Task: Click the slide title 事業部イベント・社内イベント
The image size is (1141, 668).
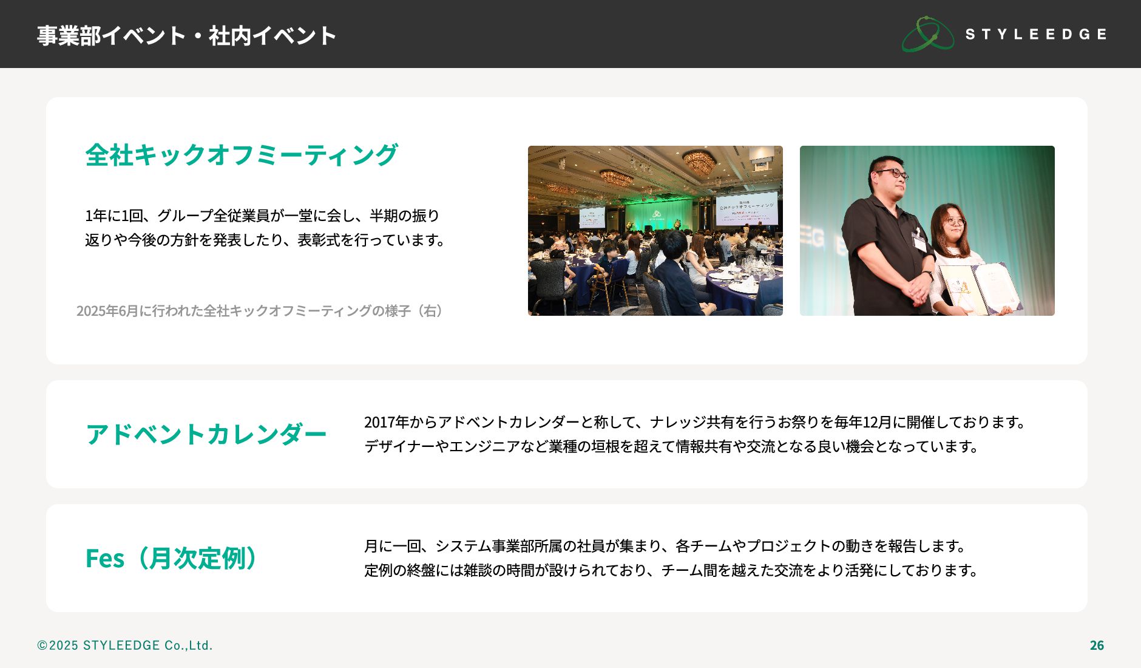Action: [186, 36]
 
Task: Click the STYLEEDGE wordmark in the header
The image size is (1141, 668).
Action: [1036, 34]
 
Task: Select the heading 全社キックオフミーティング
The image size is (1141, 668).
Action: [242, 155]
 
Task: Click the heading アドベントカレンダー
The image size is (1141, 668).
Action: [206, 434]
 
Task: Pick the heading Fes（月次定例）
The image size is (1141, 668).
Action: [172, 558]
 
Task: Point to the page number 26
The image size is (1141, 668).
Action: [1097, 646]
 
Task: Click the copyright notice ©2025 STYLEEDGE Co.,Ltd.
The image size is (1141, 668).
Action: [125, 646]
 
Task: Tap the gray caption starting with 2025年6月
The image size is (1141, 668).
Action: [260, 311]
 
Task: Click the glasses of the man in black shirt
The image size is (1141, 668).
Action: [891, 174]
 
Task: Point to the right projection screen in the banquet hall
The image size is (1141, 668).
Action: [746, 210]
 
